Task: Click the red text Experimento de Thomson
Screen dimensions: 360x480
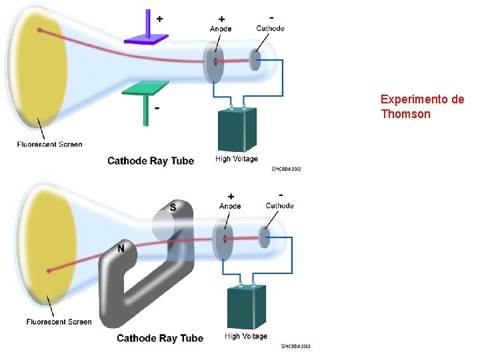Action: click(422, 107)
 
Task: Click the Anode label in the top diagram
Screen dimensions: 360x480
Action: click(221, 29)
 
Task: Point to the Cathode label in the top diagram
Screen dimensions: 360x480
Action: click(270, 28)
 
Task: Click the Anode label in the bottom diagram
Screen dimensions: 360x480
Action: click(230, 206)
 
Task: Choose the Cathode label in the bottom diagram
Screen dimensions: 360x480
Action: click(279, 205)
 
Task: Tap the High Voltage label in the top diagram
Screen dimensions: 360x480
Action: click(237, 159)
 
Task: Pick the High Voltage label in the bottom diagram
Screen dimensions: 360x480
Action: click(246, 337)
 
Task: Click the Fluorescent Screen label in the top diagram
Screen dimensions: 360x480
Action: click(50, 145)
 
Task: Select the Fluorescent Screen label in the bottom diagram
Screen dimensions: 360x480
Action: click(59, 322)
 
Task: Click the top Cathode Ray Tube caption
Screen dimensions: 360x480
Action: click(151, 161)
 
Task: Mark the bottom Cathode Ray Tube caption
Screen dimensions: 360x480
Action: click(160, 338)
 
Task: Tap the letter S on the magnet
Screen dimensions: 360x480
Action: click(173, 207)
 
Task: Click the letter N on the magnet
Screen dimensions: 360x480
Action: click(121, 249)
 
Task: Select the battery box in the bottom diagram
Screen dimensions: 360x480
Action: click(247, 306)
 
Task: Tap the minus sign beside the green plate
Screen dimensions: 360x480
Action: click(157, 107)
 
